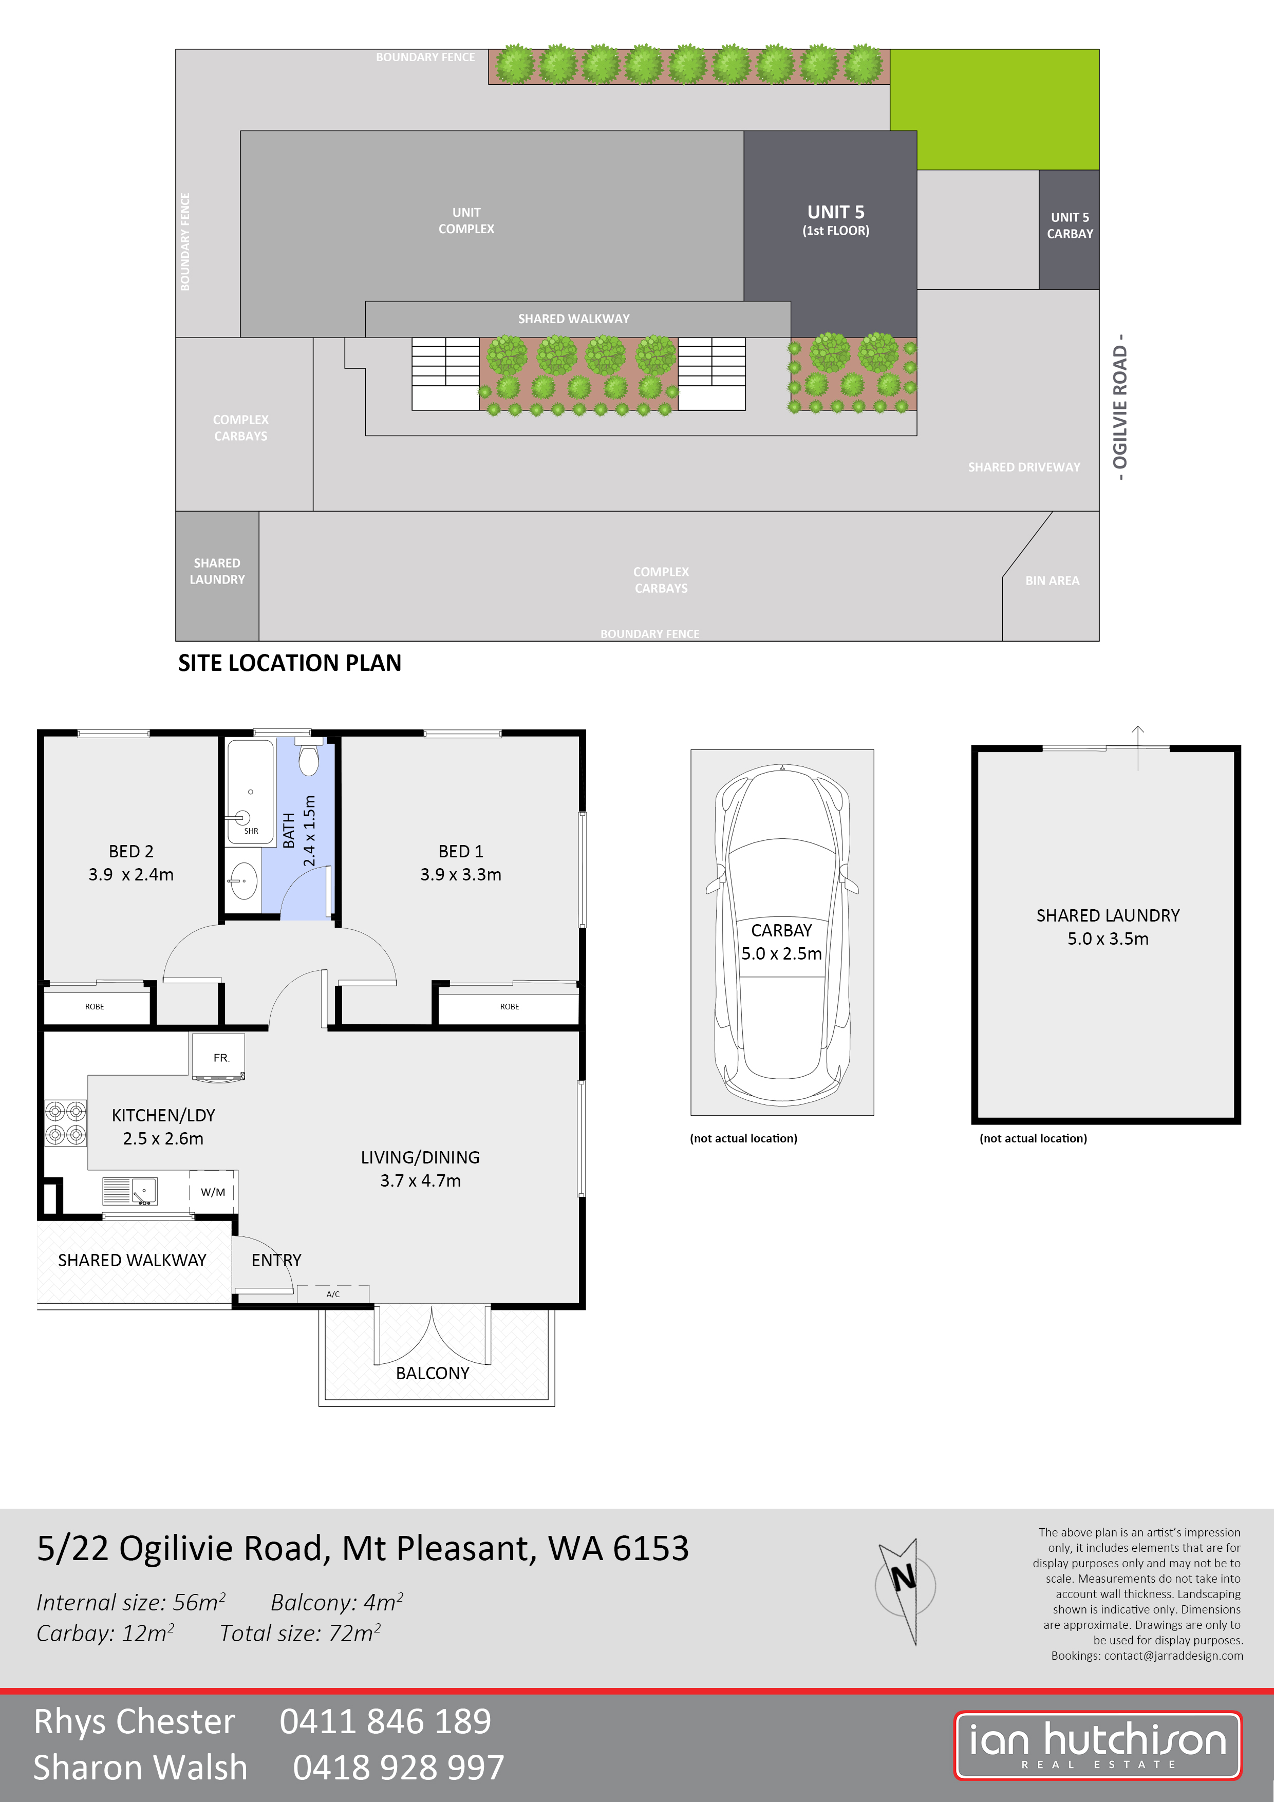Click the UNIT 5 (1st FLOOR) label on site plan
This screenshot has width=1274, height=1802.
click(835, 220)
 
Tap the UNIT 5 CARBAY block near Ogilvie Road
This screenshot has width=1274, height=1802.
click(1069, 229)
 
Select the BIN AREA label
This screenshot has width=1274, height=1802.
click(1052, 581)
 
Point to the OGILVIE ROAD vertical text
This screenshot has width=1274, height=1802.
click(1120, 406)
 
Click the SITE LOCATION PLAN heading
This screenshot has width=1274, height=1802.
click(290, 663)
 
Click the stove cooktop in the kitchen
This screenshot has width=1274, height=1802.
click(65, 1123)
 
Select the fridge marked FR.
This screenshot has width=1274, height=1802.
click(219, 1057)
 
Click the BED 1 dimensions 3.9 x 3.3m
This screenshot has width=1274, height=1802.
click(461, 874)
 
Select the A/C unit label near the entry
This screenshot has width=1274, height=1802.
click(333, 1294)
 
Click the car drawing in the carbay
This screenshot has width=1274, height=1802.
click(782, 932)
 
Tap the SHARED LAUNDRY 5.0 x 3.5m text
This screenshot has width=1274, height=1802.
click(1108, 927)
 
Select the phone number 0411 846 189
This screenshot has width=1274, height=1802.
click(385, 1721)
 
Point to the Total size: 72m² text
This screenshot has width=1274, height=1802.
click(301, 1634)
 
